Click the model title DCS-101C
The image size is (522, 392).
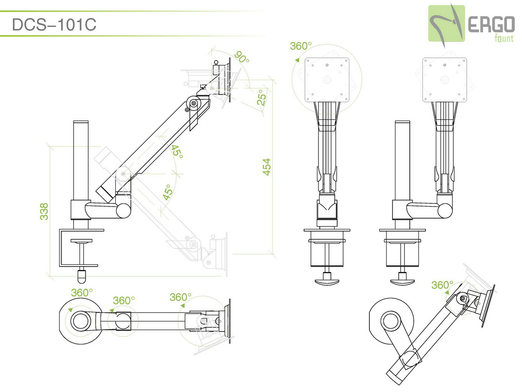tap(54, 24)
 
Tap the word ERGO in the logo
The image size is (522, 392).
tap(491, 24)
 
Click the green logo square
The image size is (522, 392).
tap(446, 24)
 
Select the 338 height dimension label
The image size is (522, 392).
tap(44, 211)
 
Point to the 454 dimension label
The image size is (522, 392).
tap(267, 167)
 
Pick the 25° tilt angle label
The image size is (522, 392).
tap(261, 97)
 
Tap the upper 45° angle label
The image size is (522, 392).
tap(177, 152)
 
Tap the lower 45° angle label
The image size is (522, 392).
tap(167, 192)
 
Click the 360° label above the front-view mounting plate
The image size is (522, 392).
tap(301, 46)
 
